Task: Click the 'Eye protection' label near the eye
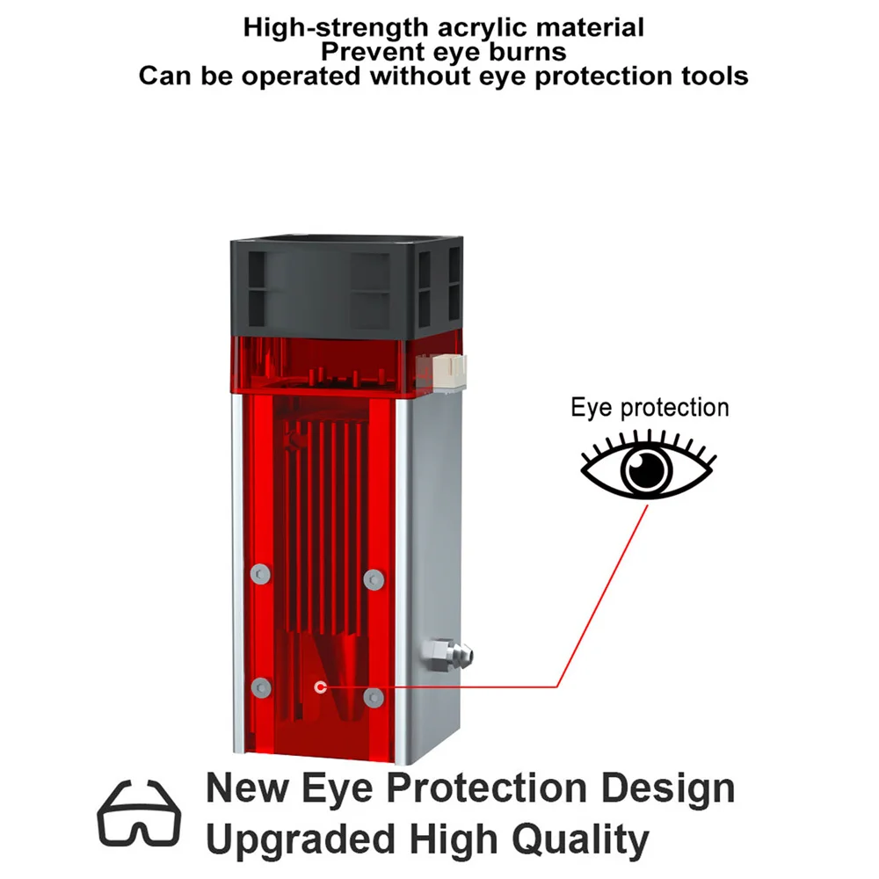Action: pyautogui.click(x=650, y=408)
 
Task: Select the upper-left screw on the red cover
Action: pyautogui.click(x=258, y=574)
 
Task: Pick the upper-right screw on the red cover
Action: pyautogui.click(x=374, y=578)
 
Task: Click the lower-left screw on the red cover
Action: pyautogui.click(x=258, y=687)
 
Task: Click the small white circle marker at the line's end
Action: pyautogui.click(x=320, y=686)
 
